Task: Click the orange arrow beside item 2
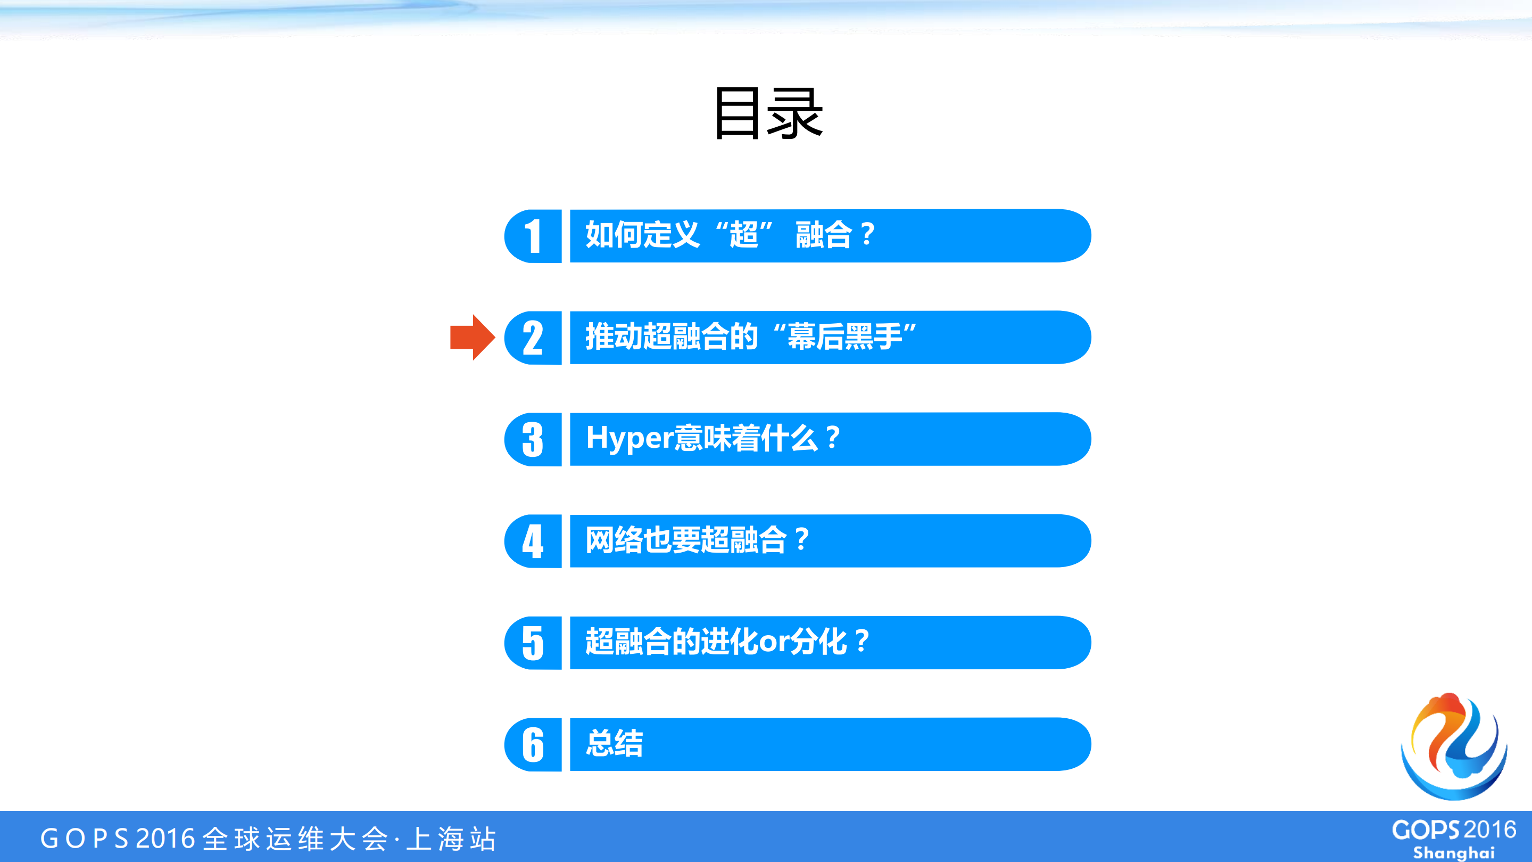click(471, 338)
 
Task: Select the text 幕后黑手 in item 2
click(844, 336)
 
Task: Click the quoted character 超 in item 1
click(744, 234)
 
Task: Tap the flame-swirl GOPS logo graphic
click(1455, 746)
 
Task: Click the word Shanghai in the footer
click(1453, 852)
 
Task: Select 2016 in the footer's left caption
click(165, 838)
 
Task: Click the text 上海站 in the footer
click(451, 838)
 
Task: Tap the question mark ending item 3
click(833, 438)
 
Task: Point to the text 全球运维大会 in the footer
click(295, 838)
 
